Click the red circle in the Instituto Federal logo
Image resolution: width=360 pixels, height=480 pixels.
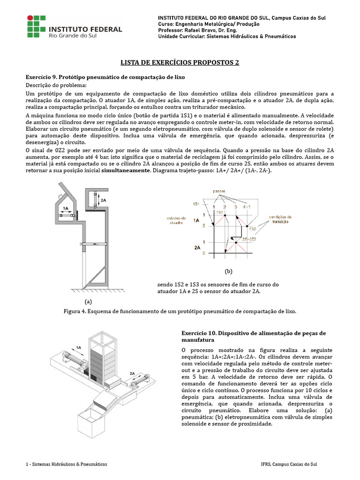(30, 18)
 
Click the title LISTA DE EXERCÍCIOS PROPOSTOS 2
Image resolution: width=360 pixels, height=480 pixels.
(180, 62)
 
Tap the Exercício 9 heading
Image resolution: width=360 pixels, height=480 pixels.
(105, 77)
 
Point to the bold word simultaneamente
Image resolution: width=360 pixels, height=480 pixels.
(126, 170)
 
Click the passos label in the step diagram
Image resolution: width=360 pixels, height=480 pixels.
(219, 191)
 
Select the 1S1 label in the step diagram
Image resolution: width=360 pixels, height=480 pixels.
(196, 204)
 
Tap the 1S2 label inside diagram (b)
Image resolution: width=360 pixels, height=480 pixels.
(253, 229)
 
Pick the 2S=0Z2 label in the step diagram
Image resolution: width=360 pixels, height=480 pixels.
(249, 240)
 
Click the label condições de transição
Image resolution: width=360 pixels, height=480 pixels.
(280, 219)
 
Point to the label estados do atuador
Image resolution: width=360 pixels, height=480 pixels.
(176, 220)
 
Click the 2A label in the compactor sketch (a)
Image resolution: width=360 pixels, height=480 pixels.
(104, 200)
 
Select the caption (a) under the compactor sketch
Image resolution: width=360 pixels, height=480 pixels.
(88, 301)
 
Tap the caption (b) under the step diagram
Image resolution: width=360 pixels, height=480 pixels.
(228, 271)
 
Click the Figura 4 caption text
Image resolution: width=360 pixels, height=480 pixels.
(180, 311)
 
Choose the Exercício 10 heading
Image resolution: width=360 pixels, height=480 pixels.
(254, 337)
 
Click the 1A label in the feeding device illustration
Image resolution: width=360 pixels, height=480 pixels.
(79, 347)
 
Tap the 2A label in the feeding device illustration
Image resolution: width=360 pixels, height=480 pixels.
(132, 373)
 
